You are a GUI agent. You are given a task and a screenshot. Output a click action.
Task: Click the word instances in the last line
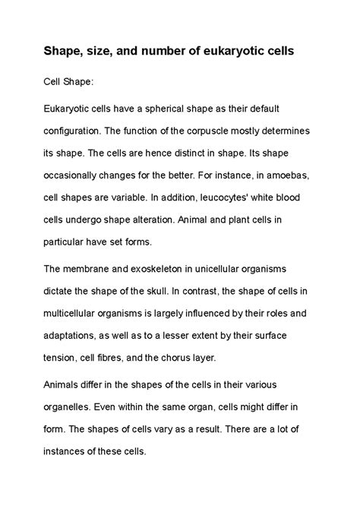coord(73,451)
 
